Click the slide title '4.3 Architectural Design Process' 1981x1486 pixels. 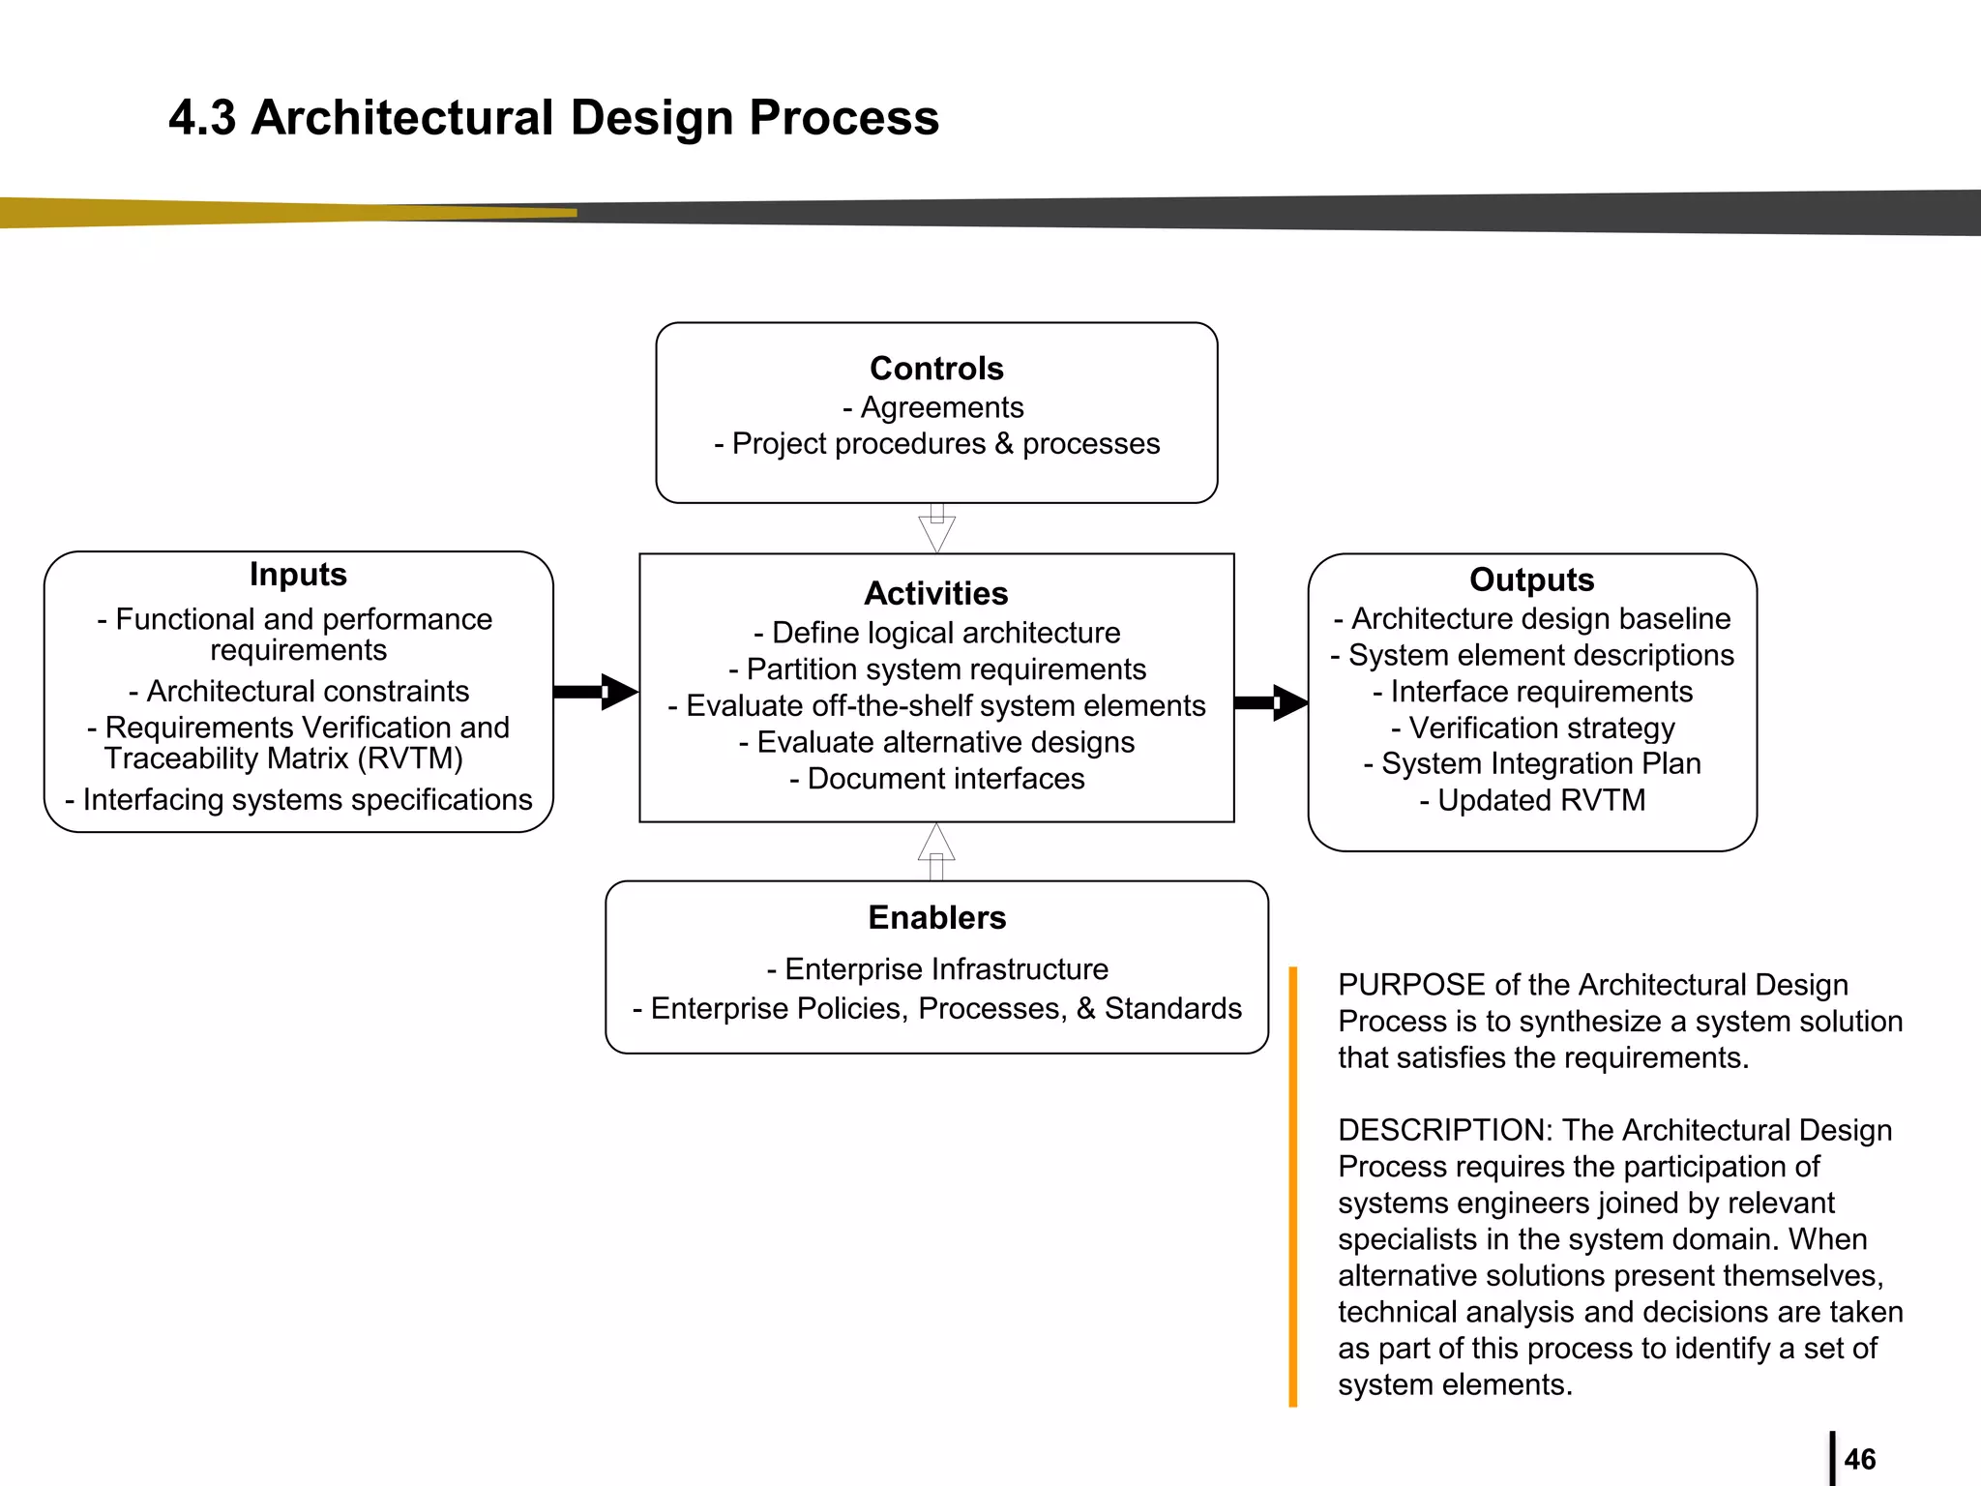pos(553,117)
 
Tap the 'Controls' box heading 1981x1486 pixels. pos(936,369)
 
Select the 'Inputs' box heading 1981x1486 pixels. pos(298,574)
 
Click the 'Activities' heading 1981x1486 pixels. pos(936,593)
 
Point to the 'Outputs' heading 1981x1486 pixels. pos(1531,580)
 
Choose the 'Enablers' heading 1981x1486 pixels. pos(936,917)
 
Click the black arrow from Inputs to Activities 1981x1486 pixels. pos(596,692)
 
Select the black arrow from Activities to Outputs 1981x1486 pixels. pos(1271,702)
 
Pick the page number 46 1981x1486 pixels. pos(1859,1459)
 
